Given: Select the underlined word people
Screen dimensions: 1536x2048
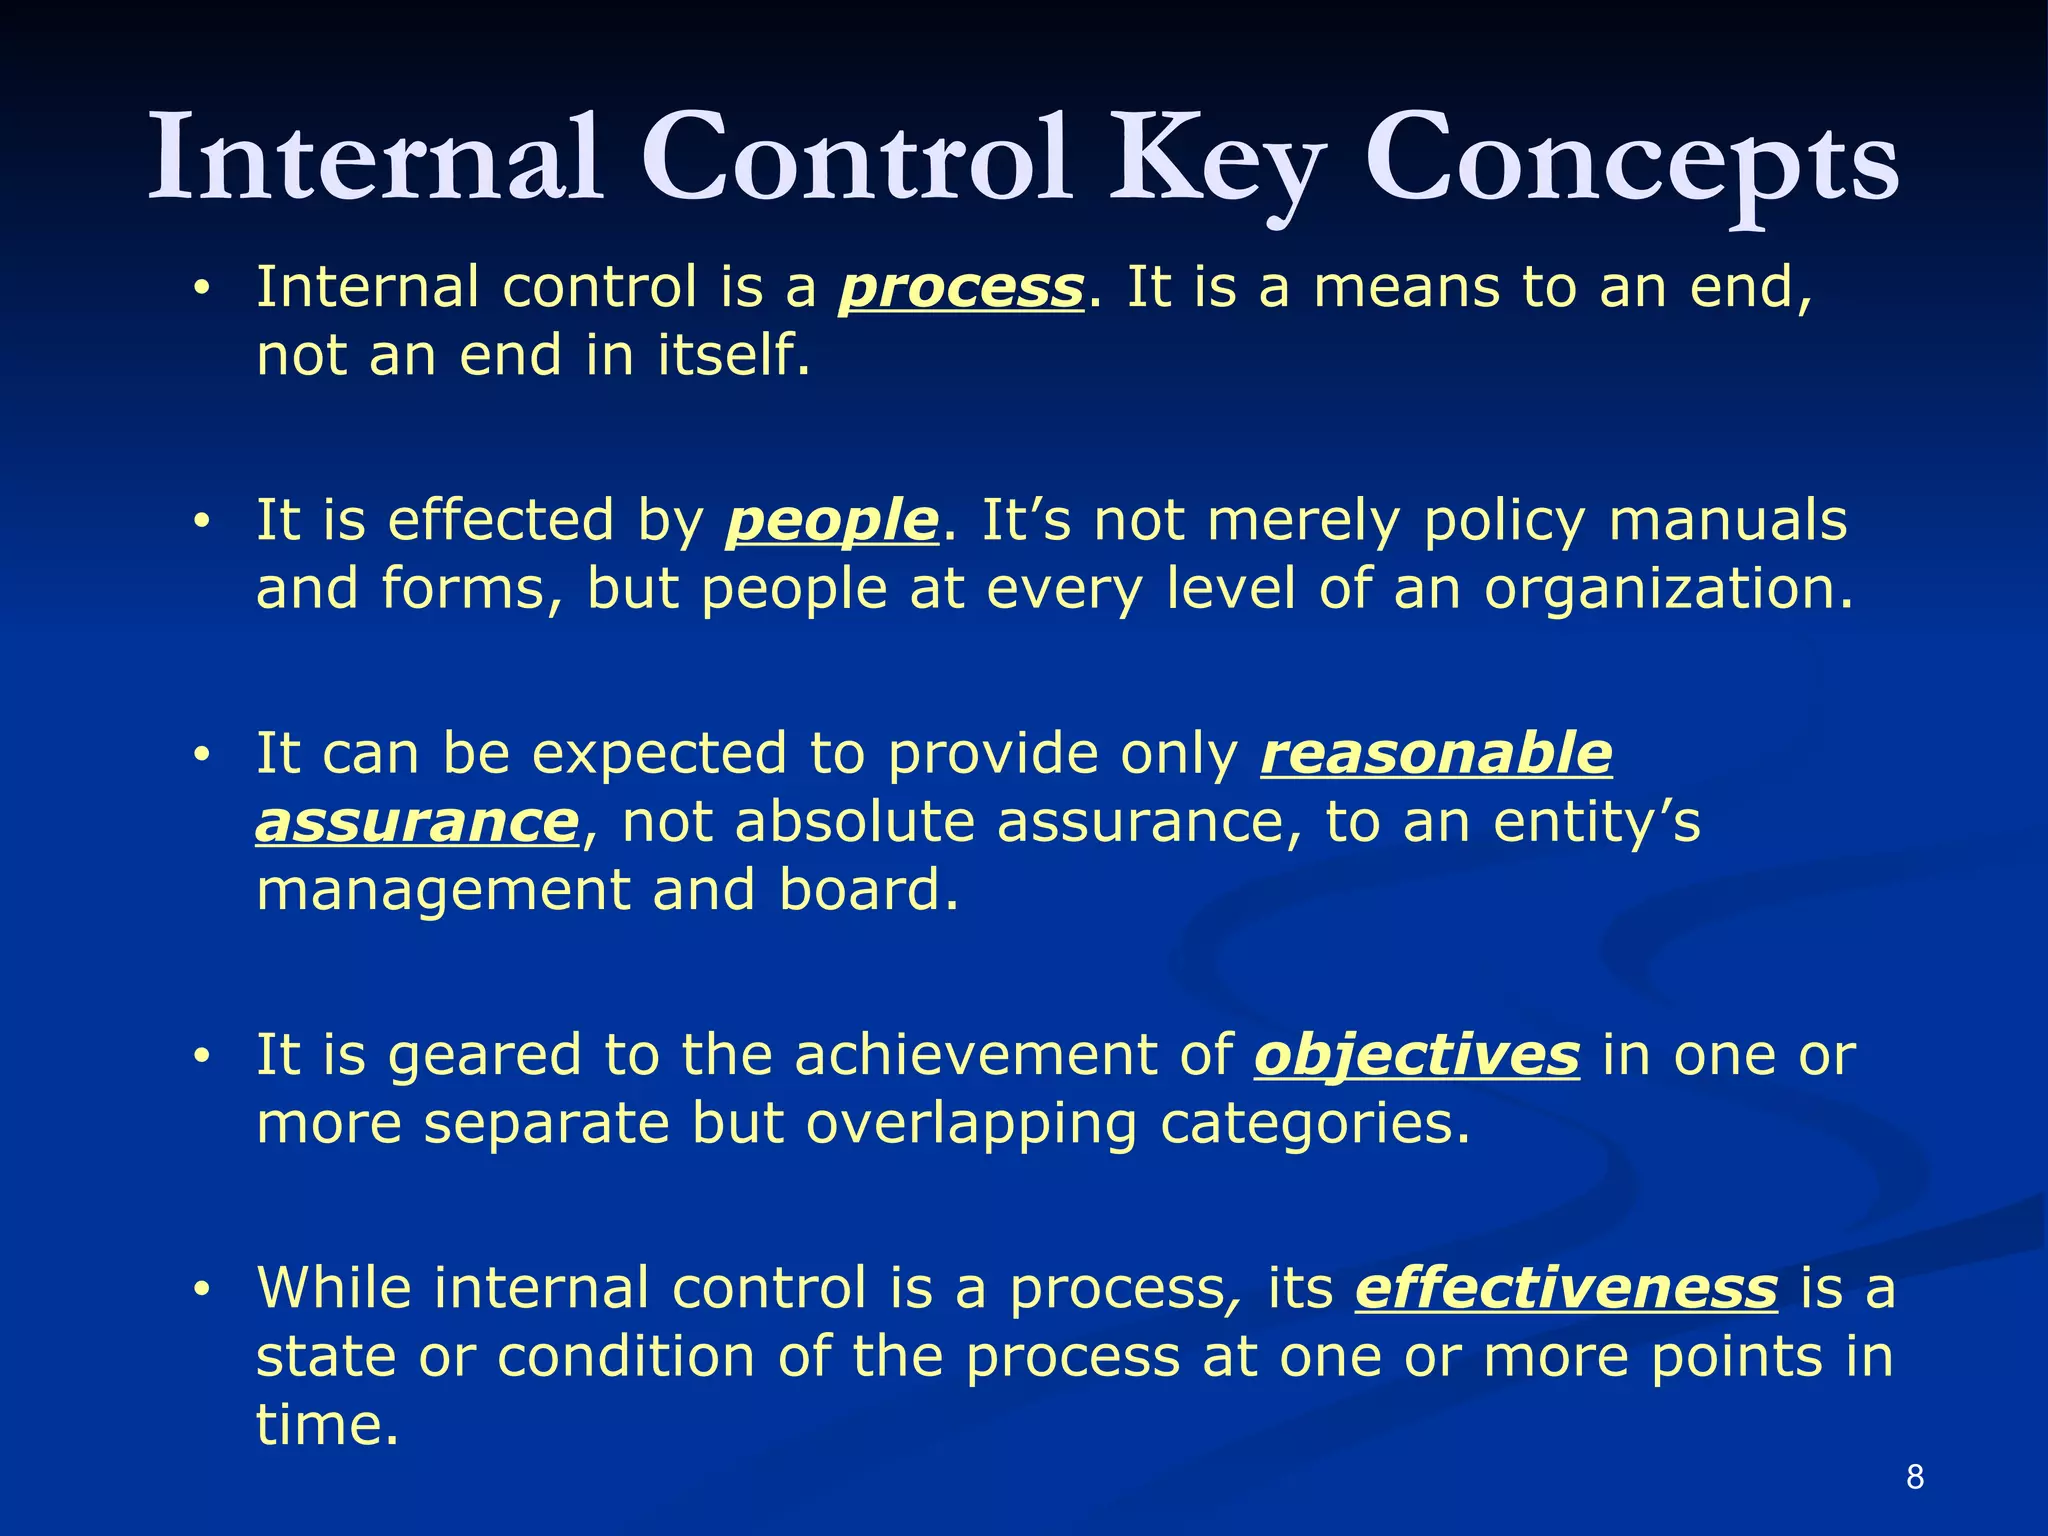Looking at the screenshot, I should pyautogui.click(x=832, y=522).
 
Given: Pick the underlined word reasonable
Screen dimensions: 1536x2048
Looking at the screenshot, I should pyautogui.click(x=1436, y=754).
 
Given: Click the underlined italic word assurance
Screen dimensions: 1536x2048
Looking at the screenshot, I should pyautogui.click(x=417, y=823).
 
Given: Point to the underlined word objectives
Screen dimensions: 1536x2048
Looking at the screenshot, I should pyautogui.click(x=1417, y=1056).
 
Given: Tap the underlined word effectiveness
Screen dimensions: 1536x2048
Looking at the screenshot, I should pyautogui.click(x=1566, y=1288).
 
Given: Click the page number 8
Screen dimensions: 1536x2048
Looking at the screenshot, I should pyautogui.click(x=1915, y=1477).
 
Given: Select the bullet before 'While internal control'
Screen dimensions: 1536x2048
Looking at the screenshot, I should pyautogui.click(x=202, y=1290).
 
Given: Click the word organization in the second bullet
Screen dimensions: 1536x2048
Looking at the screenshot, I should pyautogui.click(x=1668, y=590).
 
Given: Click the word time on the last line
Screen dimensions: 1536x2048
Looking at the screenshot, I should pyautogui.click(x=326, y=1425).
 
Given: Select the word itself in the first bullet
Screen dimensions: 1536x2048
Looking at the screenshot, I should pyautogui.click(x=732, y=356).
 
